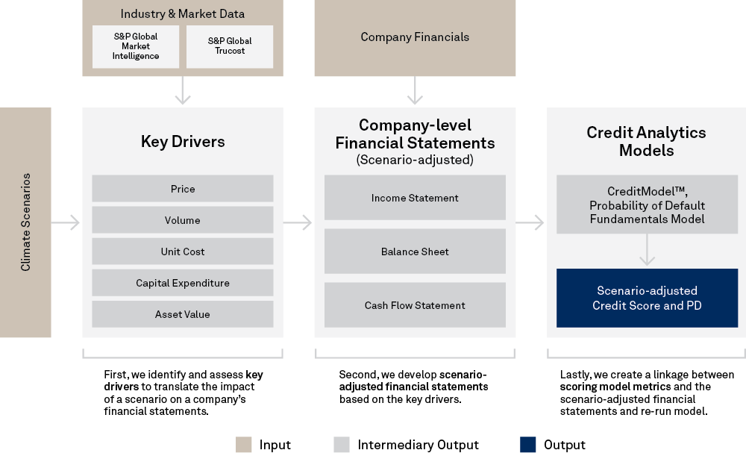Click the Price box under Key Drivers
183,189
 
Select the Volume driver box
183,220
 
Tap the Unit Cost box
183,252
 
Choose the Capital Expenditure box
183,283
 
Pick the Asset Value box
183,314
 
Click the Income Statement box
415,198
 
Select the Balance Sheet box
415,252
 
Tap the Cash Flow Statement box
415,305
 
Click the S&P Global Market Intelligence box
136,46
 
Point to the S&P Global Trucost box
230,46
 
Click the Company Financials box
415,37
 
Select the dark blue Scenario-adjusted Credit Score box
647,298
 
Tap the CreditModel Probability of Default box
647,205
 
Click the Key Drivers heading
183,142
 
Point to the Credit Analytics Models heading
646,141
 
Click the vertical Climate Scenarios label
26,222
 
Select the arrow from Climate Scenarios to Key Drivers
66,222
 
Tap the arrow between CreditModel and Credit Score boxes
647,251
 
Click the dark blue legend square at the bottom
528,445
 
